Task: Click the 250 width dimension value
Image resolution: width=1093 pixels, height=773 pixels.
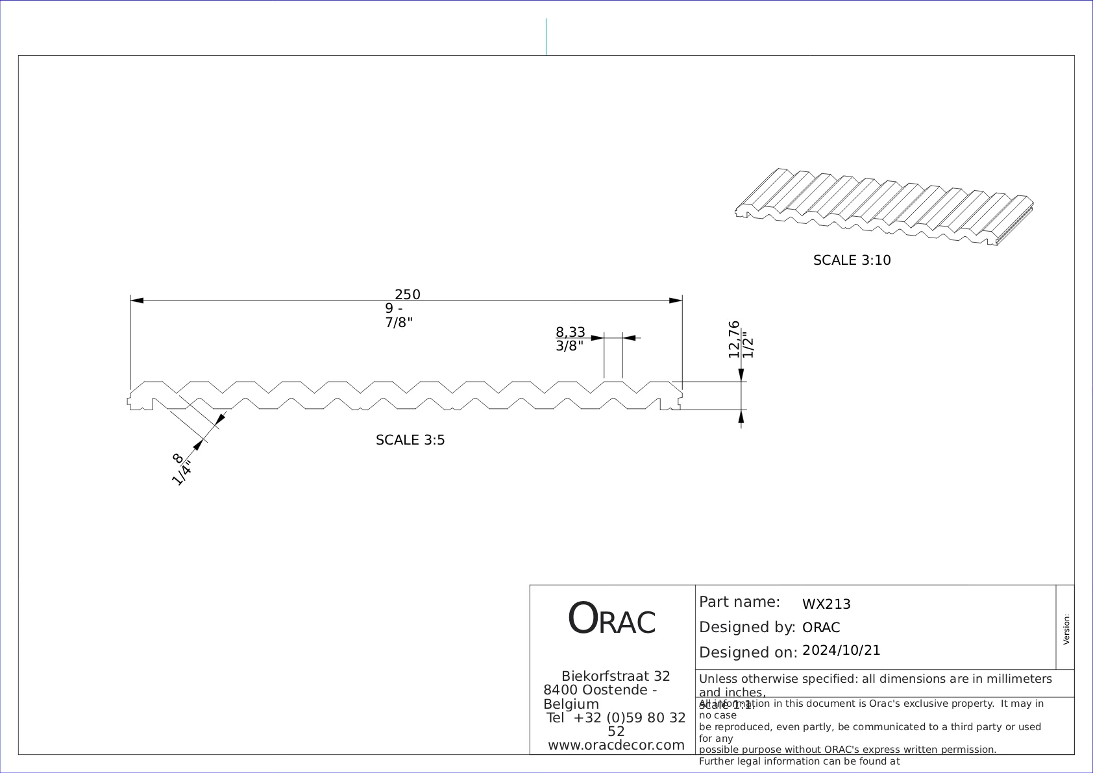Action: pos(408,295)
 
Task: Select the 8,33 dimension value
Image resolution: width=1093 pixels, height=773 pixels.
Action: pos(570,333)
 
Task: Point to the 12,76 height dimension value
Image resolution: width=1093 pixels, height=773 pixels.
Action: pos(734,339)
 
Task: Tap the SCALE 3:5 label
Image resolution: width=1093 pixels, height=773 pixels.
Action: pos(410,440)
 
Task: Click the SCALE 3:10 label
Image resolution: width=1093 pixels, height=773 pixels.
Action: pos(852,260)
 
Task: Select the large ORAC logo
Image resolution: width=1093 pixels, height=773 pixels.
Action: pos(611,619)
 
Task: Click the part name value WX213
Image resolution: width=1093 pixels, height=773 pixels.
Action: pos(826,604)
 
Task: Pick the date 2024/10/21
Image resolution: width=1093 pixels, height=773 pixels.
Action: pos(841,650)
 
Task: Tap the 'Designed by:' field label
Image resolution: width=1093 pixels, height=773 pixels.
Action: pos(746,628)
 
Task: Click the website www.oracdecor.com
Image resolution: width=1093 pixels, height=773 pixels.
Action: pos(616,745)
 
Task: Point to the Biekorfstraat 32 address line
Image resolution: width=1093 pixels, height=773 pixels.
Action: pos(615,676)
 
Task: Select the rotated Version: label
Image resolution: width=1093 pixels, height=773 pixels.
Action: pos(1066,630)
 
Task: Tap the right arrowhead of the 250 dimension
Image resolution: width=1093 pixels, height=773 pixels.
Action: pos(676,301)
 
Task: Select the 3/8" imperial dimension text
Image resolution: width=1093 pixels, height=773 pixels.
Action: pos(569,346)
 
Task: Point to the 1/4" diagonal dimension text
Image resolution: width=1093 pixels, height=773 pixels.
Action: pos(182,473)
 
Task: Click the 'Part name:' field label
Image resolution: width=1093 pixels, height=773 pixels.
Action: pos(739,602)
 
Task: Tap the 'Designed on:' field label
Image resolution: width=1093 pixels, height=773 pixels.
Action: pos(748,652)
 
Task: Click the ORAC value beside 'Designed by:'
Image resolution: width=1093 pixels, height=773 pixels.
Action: pos(821,628)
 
